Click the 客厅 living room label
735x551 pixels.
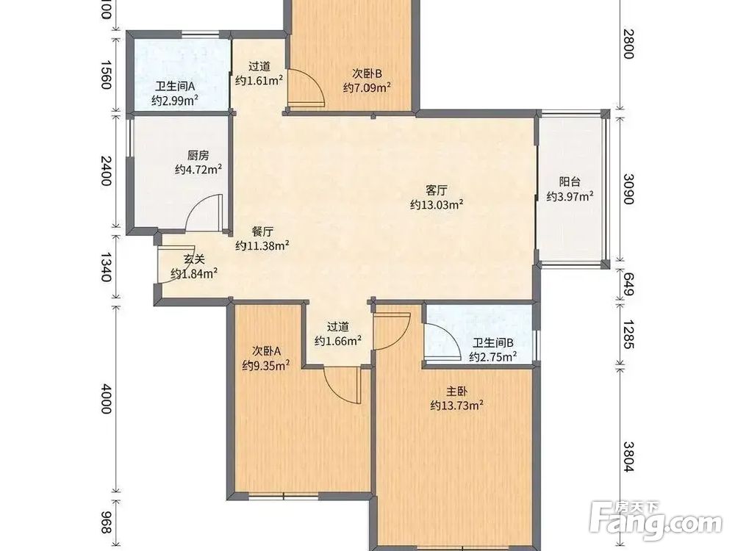pos(436,190)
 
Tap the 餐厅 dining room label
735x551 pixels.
pos(262,231)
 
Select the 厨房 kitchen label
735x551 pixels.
pos(198,155)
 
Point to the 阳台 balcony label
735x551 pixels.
pos(570,181)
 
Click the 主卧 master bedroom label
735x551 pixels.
pos(456,391)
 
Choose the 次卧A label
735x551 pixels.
pos(266,351)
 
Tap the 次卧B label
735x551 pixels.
pos(367,73)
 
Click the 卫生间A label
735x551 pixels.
pos(175,87)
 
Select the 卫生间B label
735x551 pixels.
pos(492,343)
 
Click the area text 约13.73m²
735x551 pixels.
pos(457,406)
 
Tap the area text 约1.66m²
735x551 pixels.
pos(337,341)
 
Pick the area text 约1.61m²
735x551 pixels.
pos(259,80)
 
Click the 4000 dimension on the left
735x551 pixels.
pos(107,398)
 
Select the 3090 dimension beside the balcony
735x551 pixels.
pos(628,189)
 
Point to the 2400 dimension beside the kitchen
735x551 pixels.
pos(107,171)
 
